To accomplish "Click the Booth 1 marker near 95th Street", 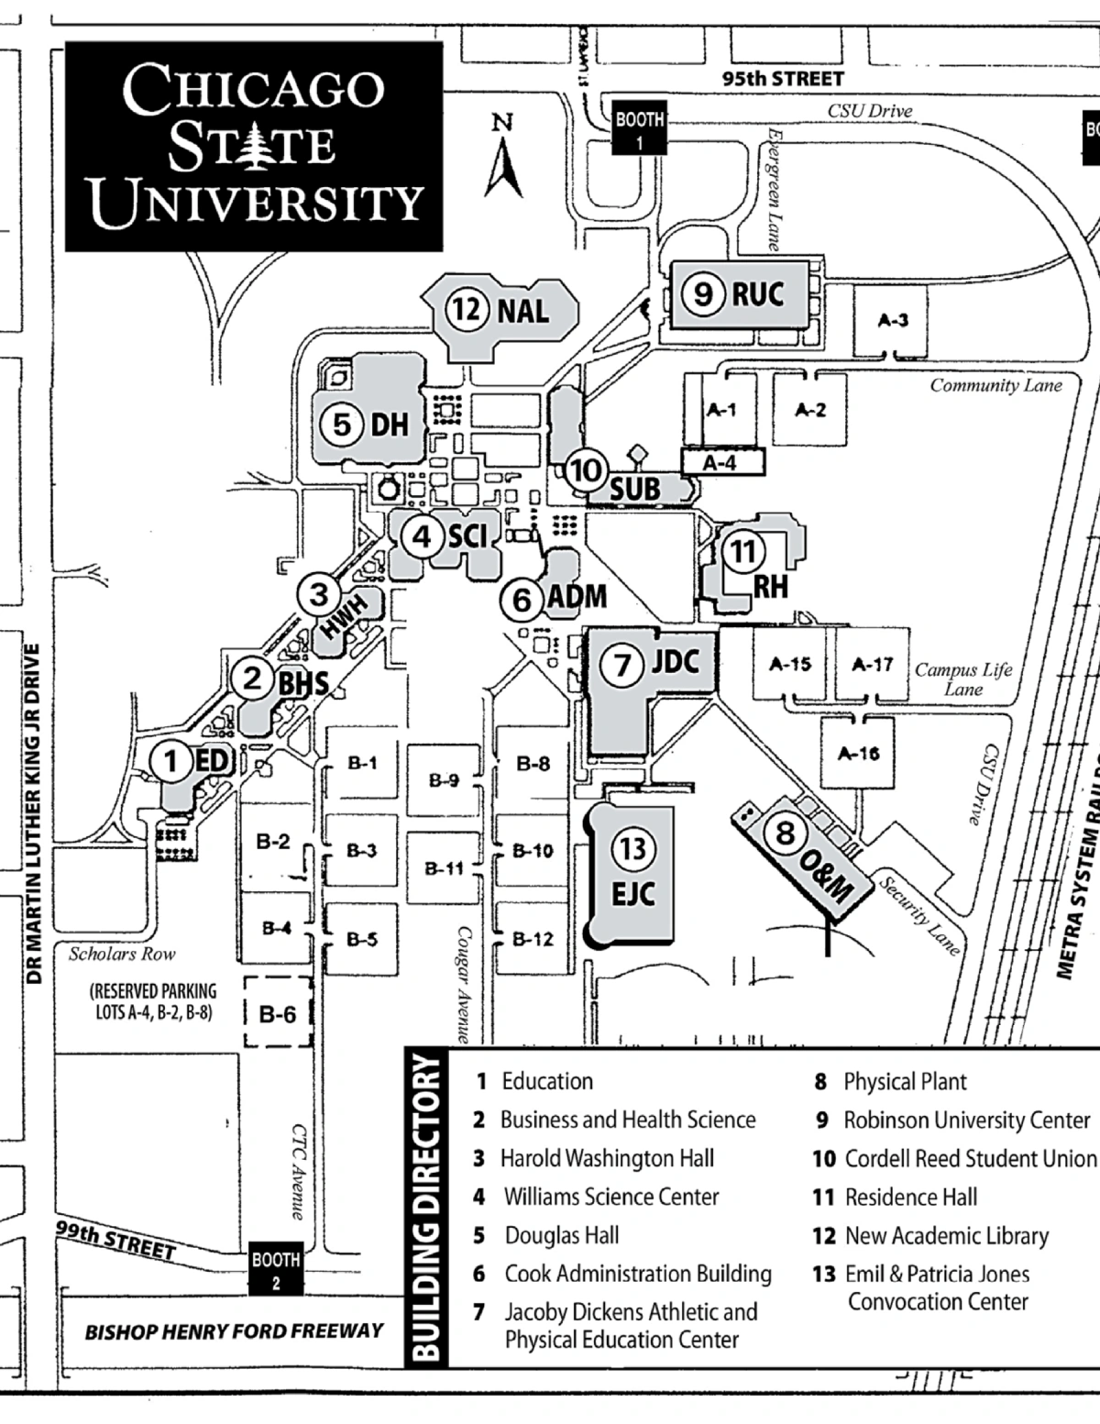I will tap(639, 130).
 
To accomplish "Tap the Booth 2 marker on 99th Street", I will tap(276, 1270).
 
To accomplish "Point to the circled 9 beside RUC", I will tap(703, 293).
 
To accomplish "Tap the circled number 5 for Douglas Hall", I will tap(341, 425).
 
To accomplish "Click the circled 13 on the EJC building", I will tap(632, 847).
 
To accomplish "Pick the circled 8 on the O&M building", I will tap(785, 833).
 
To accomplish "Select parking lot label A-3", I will tap(893, 320).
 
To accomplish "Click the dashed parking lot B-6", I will tap(278, 1013).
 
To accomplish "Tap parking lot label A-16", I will tap(858, 753).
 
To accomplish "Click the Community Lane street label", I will tap(995, 385).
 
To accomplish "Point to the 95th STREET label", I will tap(782, 78).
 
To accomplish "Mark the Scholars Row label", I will tap(122, 954).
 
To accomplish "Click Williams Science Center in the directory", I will tap(610, 1197).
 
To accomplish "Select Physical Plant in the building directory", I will tap(905, 1082).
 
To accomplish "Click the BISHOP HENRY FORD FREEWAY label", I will tap(234, 1330).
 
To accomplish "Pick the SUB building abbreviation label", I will tap(634, 489).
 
